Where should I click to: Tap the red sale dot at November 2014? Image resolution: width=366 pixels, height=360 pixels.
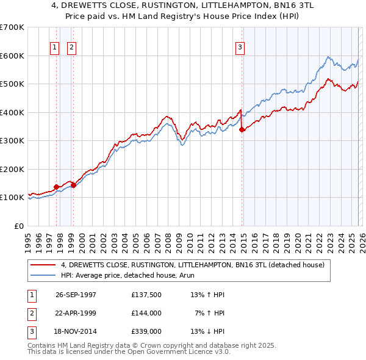[242, 129]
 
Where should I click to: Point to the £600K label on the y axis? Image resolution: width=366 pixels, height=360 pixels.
[12, 56]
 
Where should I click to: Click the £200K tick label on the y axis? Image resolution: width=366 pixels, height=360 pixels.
[12, 169]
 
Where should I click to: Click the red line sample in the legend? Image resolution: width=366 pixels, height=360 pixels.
[43, 265]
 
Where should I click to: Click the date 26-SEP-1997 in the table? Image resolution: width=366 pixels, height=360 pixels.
[76, 295]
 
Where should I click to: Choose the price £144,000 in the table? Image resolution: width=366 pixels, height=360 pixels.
[146, 313]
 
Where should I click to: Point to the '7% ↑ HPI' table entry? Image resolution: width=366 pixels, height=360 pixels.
[210, 313]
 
